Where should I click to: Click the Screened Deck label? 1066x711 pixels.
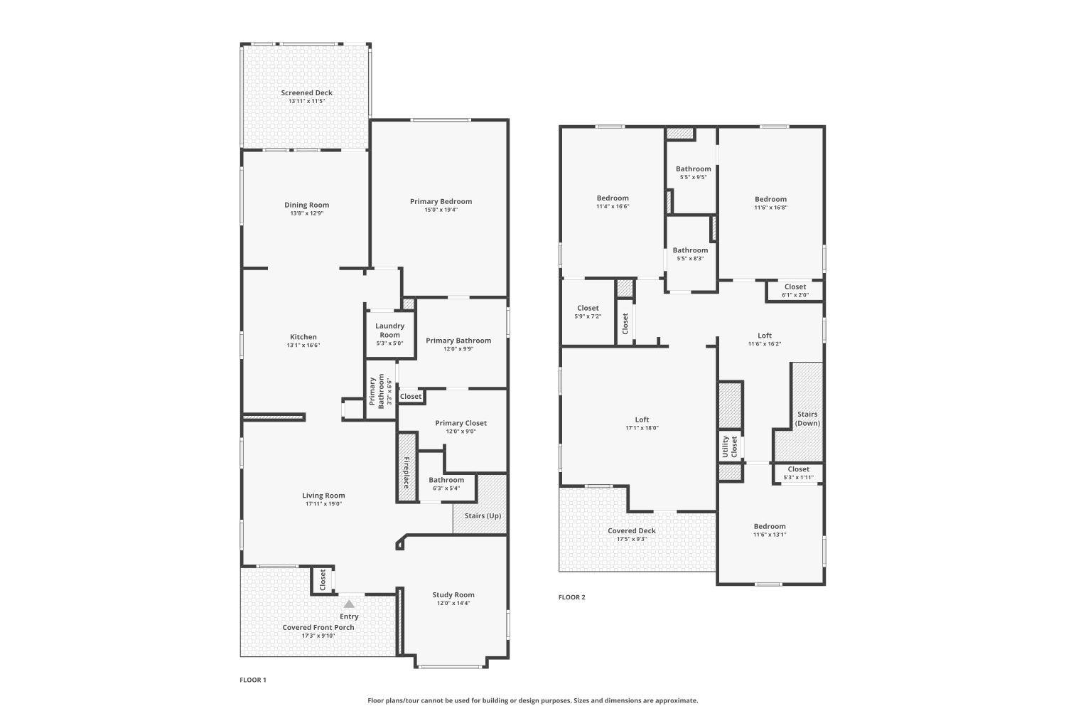point(306,92)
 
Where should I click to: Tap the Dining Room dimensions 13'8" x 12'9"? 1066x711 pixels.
point(306,213)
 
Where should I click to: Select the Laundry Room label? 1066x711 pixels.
point(389,330)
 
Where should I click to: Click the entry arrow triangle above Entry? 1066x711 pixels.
point(349,604)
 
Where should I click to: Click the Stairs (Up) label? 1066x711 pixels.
point(483,515)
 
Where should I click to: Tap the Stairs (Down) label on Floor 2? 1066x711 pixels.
point(807,418)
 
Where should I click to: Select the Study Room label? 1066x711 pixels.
point(453,595)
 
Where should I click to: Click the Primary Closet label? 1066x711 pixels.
point(461,423)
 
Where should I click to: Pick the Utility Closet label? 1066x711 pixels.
point(730,447)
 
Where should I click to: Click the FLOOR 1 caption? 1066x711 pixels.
point(253,680)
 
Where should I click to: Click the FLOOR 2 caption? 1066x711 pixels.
point(572,597)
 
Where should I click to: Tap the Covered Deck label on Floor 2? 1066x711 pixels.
point(631,530)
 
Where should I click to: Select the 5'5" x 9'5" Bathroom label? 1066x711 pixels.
point(693,169)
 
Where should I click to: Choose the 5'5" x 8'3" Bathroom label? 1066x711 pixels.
point(690,250)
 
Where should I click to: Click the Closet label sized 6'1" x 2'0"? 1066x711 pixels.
point(795,287)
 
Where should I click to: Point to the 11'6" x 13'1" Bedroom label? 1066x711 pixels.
point(770,526)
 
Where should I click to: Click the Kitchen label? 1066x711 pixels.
point(303,337)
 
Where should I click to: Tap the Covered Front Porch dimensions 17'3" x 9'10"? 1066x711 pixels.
point(318,636)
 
